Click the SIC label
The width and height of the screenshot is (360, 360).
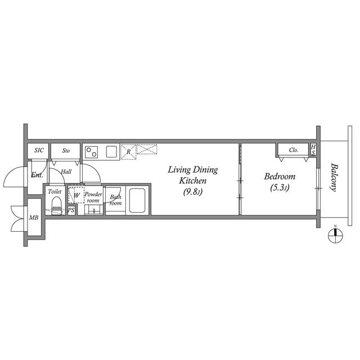click(39, 150)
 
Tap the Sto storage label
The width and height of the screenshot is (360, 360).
click(66, 151)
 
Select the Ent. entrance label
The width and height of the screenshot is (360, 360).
click(37, 175)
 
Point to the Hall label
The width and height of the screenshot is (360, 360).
click(66, 172)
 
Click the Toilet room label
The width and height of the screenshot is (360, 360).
click(55, 192)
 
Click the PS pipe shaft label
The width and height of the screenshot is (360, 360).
click(71, 210)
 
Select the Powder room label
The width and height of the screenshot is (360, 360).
click(93, 197)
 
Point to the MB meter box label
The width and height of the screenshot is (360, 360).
click(34, 218)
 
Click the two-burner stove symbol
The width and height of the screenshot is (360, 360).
click(92, 151)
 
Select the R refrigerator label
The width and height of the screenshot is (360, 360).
click(129, 151)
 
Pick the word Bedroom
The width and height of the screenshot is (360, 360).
click(280, 176)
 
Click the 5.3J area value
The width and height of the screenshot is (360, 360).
click(280, 188)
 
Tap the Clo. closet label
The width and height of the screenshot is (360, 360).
click(294, 150)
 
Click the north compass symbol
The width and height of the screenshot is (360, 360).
click(335, 235)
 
